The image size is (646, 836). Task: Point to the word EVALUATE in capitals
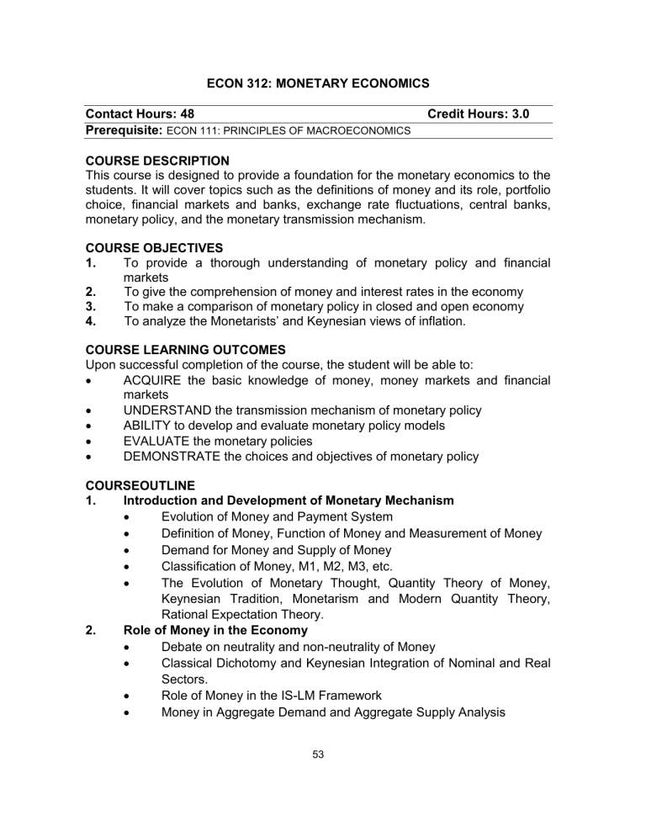tap(158, 441)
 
